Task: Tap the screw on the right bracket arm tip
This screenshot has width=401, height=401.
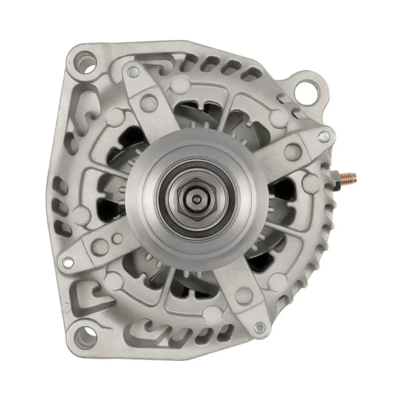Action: [324, 137]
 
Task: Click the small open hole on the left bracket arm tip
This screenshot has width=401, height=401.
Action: [68, 262]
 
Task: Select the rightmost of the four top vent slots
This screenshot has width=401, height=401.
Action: [251, 74]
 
